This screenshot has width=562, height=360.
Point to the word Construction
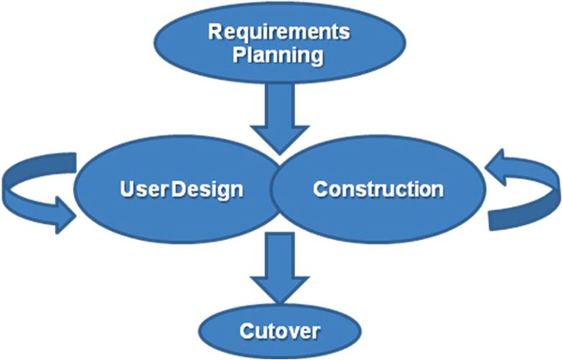tap(377, 188)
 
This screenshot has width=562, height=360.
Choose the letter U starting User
tap(125, 188)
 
